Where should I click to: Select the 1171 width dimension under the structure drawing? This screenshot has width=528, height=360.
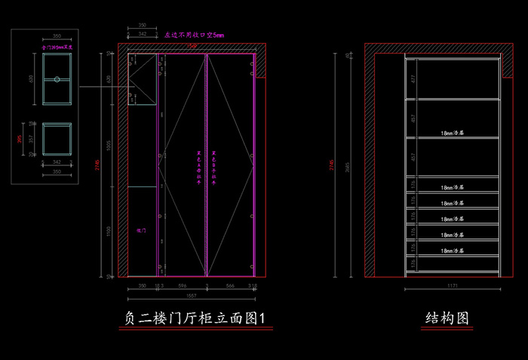453,287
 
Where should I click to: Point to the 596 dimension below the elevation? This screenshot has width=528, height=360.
182,286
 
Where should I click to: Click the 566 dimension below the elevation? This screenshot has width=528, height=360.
231,286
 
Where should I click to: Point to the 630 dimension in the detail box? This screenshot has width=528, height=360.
31,78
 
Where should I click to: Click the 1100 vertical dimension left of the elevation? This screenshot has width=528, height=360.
109,229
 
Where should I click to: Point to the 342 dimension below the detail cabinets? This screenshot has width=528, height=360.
57,161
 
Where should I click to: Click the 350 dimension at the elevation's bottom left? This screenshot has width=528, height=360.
142,286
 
